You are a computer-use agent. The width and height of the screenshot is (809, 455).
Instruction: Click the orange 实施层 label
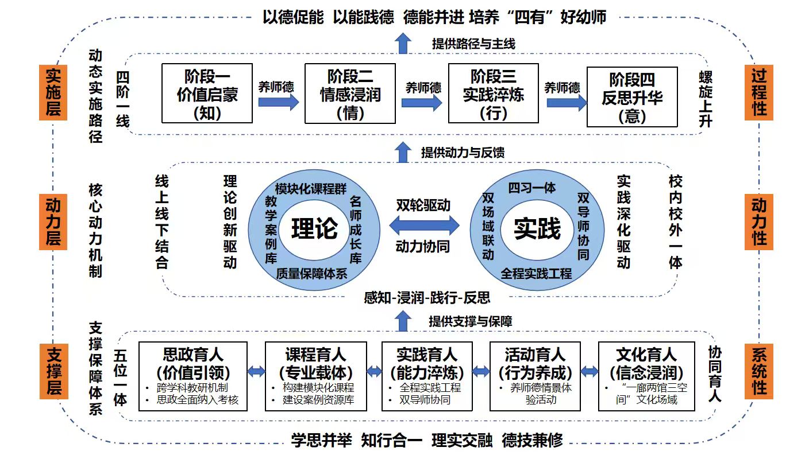(x=53, y=92)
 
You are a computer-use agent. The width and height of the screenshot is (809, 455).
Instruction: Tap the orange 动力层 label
(x=53, y=221)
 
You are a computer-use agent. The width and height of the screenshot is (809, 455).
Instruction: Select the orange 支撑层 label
(x=53, y=371)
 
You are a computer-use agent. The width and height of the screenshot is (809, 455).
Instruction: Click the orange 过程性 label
(x=758, y=92)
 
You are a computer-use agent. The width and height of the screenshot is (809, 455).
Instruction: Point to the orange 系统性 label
(x=758, y=371)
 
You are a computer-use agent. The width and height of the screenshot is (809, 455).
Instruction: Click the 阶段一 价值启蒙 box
(x=207, y=94)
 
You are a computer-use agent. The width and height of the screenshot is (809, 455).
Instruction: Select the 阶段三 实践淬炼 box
(x=493, y=94)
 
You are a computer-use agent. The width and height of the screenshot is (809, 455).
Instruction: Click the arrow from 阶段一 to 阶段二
(x=278, y=102)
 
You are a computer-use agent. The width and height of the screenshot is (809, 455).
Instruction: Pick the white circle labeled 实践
(x=537, y=228)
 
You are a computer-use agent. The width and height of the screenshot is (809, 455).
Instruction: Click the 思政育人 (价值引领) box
(x=193, y=376)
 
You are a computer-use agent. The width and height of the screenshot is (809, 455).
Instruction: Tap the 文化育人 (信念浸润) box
(x=646, y=376)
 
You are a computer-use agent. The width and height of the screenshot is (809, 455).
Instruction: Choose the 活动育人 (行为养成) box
(x=535, y=376)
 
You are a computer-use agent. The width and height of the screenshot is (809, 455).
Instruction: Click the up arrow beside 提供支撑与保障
(x=404, y=321)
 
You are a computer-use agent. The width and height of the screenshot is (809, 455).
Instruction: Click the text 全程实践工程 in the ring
(x=536, y=273)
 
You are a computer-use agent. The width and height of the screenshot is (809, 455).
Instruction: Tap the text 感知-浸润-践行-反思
(x=427, y=297)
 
